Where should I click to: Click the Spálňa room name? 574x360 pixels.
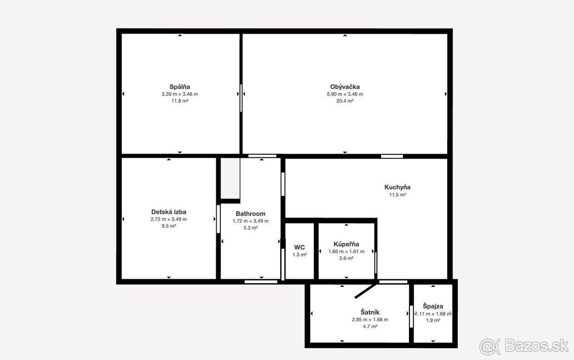pos(180,87)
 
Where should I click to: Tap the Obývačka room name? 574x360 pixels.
pos(345,87)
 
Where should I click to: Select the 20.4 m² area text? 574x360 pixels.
pos(345,101)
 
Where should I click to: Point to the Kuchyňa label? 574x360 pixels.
pos(397,187)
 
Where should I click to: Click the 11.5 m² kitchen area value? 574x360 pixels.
pos(397,195)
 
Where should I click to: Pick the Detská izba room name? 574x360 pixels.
pos(168,212)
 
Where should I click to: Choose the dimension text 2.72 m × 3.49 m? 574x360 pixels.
pos(168,219)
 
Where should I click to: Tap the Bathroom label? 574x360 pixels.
pos(251,214)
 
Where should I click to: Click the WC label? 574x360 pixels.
pos(299,247)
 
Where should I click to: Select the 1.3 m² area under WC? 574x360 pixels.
pos(299,255)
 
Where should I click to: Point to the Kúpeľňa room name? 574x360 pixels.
pos(346,244)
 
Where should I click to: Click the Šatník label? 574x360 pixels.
pos(370,312)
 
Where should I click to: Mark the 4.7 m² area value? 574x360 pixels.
pos(370,327)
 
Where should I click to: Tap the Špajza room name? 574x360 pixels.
pos(433,306)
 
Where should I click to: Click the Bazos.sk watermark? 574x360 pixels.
pos(524,346)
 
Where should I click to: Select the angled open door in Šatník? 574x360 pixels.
pos(366,291)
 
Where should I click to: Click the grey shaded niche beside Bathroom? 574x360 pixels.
pos(230,178)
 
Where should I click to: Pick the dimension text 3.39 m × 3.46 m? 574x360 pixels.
pos(180,94)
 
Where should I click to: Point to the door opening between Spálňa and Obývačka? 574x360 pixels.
pos(241,98)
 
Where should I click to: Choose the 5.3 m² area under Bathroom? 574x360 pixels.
pos(251,228)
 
